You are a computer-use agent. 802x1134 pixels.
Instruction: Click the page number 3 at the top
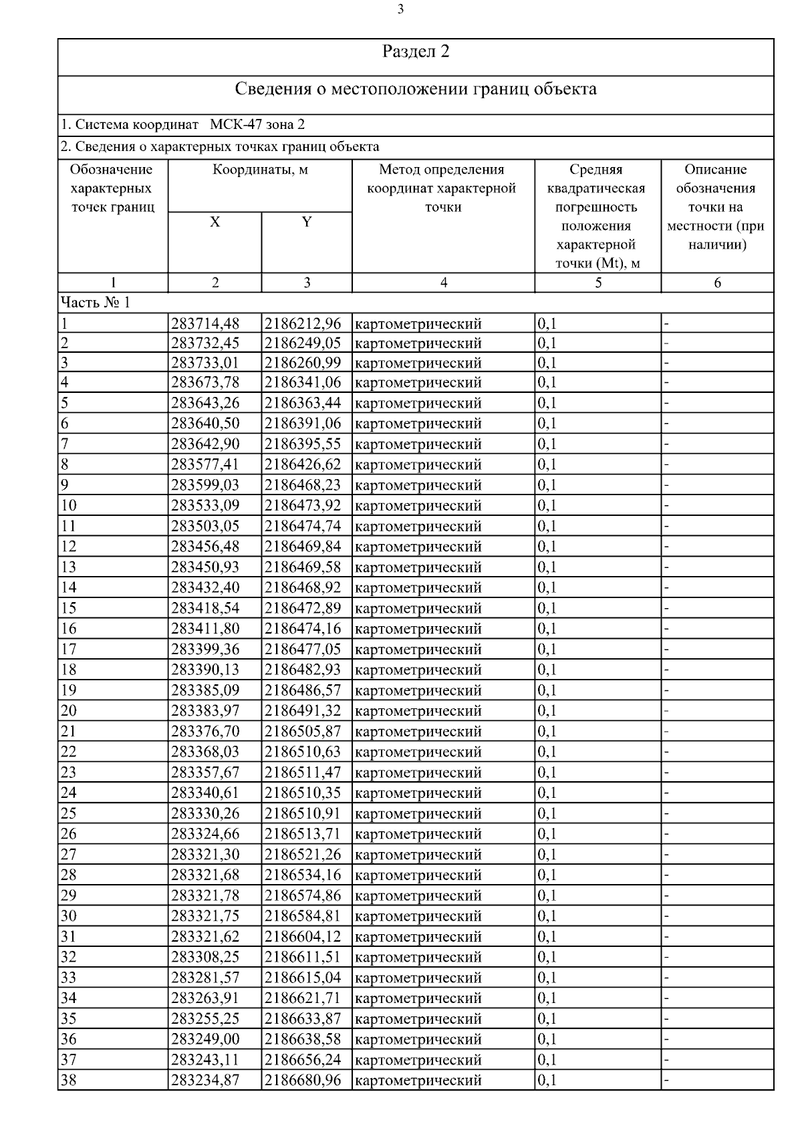(400, 9)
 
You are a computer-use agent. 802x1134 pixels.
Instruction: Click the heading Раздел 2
(416, 52)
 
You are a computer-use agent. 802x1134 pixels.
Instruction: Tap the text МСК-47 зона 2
(257, 125)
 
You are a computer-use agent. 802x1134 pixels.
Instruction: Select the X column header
(215, 223)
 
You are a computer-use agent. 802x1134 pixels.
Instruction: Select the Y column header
(307, 223)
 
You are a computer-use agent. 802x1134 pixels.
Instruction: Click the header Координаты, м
(260, 170)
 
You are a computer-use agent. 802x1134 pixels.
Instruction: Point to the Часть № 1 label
(96, 303)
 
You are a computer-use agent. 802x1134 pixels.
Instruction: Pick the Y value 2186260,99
(303, 363)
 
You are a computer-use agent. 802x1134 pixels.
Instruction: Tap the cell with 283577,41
(205, 464)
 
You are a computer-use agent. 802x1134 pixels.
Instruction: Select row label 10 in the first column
(69, 505)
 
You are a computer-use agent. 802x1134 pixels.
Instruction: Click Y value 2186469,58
(303, 567)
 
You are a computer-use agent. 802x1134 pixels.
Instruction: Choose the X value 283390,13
(205, 670)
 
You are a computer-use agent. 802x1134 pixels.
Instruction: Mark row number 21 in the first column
(69, 731)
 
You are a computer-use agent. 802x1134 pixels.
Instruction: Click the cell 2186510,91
(303, 813)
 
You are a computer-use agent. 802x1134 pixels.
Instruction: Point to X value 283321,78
(205, 895)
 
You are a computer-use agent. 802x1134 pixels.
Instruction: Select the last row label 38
(69, 1080)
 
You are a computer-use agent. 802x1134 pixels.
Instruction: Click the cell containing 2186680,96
(303, 1080)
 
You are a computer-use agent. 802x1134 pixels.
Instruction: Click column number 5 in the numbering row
(598, 283)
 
